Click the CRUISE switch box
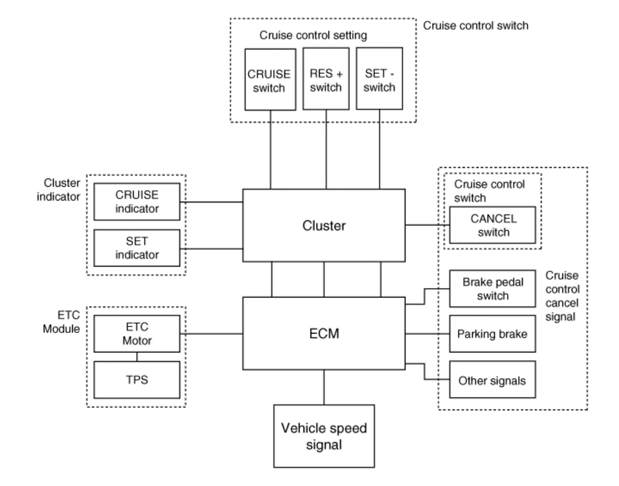(270, 79)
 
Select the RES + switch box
(326, 79)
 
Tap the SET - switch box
(379, 79)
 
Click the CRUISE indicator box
(136, 202)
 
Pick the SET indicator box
(136, 248)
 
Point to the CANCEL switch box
(493, 225)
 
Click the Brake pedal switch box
(493, 289)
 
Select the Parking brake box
(493, 334)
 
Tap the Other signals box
(493, 380)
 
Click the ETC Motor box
(136, 334)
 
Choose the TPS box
(136, 380)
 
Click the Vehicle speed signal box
(324, 436)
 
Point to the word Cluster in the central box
(324, 226)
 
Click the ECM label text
(324, 334)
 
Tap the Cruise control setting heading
(313, 35)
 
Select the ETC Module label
(62, 322)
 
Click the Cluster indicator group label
(58, 190)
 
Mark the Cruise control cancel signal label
(562, 296)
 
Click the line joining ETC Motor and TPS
(137, 357)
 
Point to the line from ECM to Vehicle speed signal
(324, 387)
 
